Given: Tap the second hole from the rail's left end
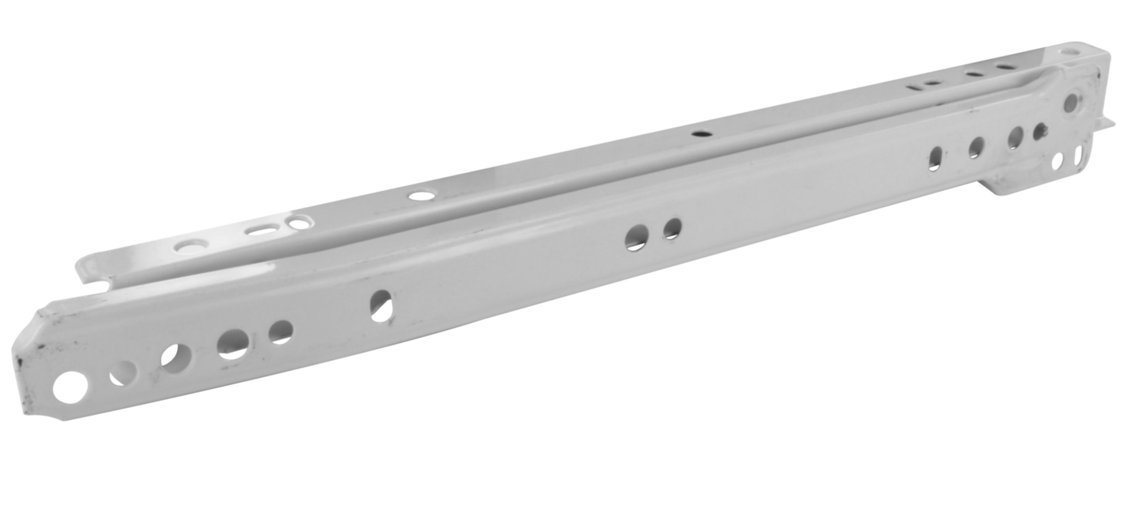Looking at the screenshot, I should point(124,373).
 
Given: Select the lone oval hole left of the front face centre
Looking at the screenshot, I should point(381,305).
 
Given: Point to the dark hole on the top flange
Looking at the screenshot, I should point(701,133).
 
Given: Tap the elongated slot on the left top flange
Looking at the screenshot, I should point(259,231).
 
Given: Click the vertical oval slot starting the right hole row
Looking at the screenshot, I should point(936,158).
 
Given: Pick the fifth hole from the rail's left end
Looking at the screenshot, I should point(280,331).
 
